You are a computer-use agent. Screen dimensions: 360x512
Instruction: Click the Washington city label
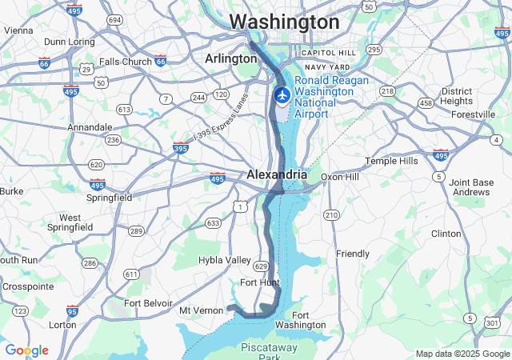click(284, 22)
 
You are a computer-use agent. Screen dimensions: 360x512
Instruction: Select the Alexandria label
click(276, 174)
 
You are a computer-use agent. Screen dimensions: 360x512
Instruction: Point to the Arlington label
click(230, 58)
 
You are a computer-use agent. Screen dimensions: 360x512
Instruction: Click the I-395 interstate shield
click(181, 148)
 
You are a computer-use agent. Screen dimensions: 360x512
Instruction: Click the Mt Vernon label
click(200, 310)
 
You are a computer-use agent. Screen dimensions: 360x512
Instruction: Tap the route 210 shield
click(331, 215)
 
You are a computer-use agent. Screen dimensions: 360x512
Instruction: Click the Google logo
click(26, 350)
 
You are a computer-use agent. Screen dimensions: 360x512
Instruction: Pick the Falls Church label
click(125, 62)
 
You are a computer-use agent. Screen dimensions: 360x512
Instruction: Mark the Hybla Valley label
click(225, 260)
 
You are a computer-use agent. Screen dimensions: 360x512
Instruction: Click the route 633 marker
click(213, 223)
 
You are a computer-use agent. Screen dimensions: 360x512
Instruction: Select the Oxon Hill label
click(342, 177)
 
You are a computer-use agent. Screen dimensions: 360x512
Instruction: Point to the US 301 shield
click(491, 321)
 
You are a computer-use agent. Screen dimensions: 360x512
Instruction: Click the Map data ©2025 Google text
click(462, 354)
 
